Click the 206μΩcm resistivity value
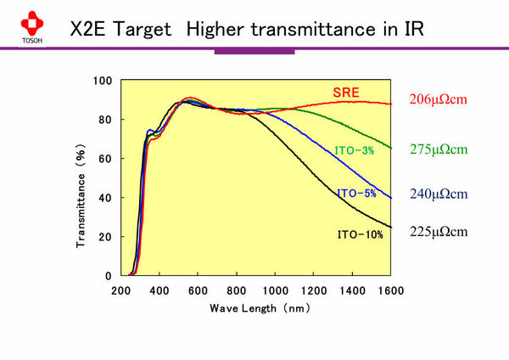tap(439, 100)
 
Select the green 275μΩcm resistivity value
tap(439, 149)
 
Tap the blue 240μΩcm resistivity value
tap(439, 193)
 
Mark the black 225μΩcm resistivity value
tap(439, 231)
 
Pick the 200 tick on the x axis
tap(120, 290)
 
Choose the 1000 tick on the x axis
tap(275, 290)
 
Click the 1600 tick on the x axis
tap(391, 290)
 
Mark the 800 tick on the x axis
tap(237, 290)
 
